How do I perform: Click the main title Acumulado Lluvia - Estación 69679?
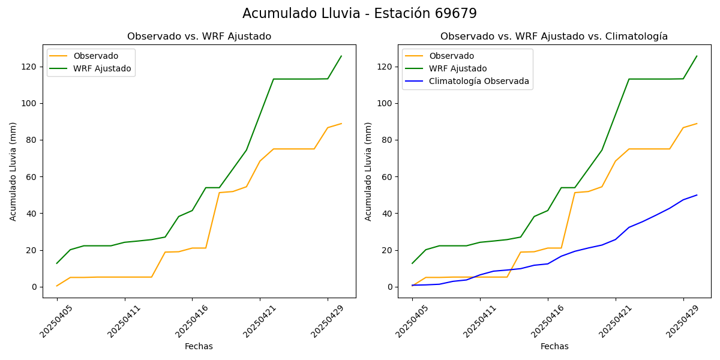pyautogui.click(x=359, y=13)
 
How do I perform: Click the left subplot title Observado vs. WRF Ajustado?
pyautogui.click(x=199, y=37)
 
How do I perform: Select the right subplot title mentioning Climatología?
pyautogui.click(x=554, y=37)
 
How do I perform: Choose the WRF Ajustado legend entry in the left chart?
pyautogui.click(x=102, y=68)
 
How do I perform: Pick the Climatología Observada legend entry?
pyautogui.click(x=479, y=82)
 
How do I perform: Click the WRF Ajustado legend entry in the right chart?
pyautogui.click(x=457, y=68)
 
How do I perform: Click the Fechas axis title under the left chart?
pyautogui.click(x=199, y=346)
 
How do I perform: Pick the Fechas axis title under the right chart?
pyautogui.click(x=554, y=346)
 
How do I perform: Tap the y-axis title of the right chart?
pyautogui.click(x=368, y=171)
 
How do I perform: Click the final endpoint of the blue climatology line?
pyautogui.click(x=697, y=195)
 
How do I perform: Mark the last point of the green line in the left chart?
pyautogui.click(x=341, y=56)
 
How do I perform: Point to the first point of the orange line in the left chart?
pyautogui.click(x=57, y=286)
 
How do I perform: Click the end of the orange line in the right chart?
pyautogui.click(x=697, y=124)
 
